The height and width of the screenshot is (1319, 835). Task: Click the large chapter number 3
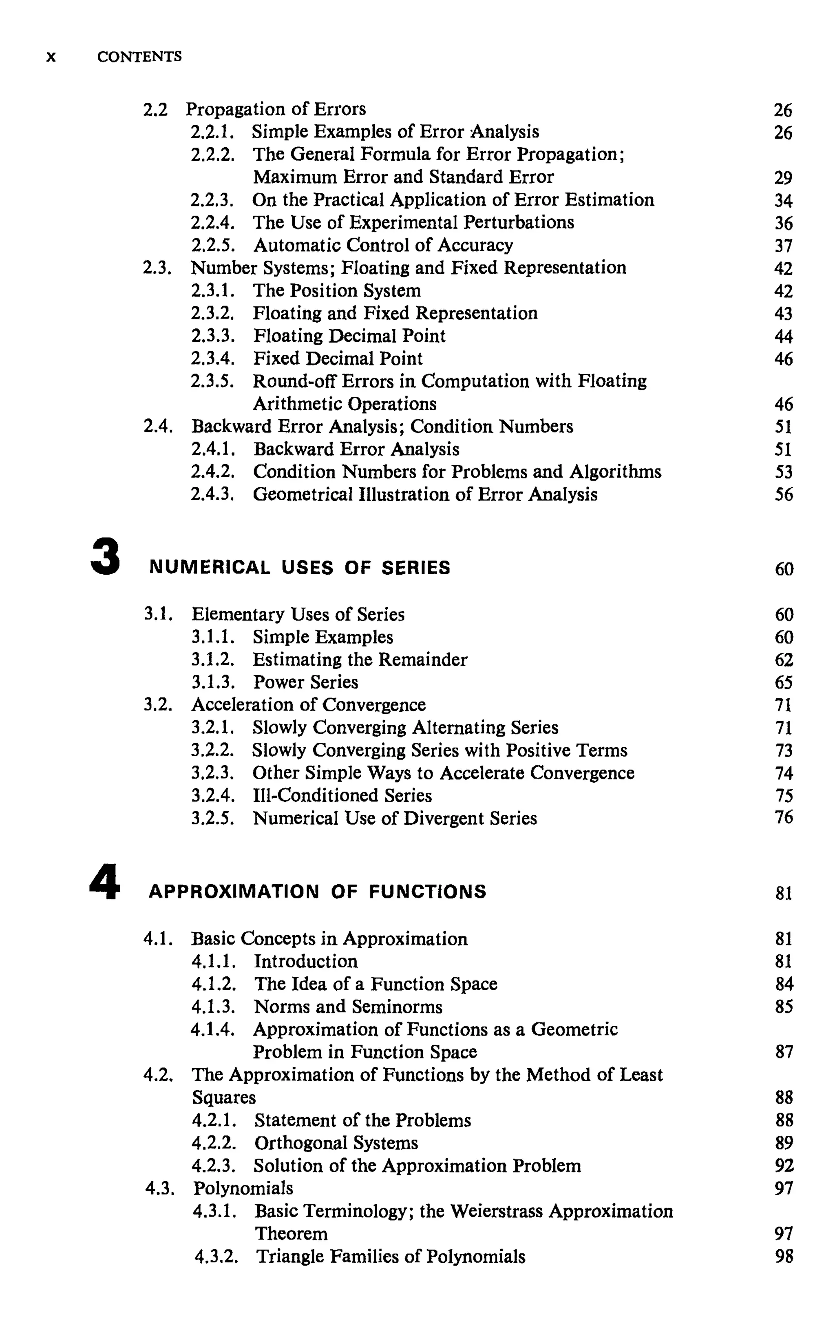105,557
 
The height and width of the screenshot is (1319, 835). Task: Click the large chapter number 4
105,881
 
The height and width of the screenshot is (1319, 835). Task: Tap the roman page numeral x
51,58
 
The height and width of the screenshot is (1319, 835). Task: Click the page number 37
783,246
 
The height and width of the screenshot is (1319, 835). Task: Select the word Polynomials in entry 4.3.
243,1188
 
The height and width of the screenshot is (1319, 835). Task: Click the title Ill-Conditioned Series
342,795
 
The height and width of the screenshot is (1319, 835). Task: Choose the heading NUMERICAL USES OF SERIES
300,567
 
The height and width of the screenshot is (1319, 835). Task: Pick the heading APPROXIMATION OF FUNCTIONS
317,892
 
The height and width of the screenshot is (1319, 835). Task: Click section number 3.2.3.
212,773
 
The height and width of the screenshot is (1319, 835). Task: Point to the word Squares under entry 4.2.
223,1098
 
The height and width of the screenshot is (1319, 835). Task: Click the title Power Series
305,682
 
